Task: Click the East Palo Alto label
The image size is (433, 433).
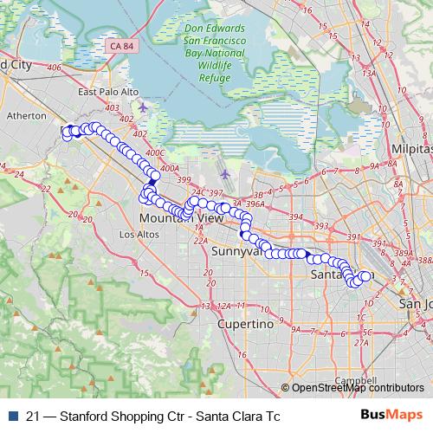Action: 108,92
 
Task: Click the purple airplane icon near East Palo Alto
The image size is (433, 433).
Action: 143,107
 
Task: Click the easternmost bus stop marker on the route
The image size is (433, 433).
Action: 366,276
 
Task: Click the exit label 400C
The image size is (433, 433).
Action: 156,153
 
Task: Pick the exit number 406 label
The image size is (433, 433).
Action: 55,67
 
